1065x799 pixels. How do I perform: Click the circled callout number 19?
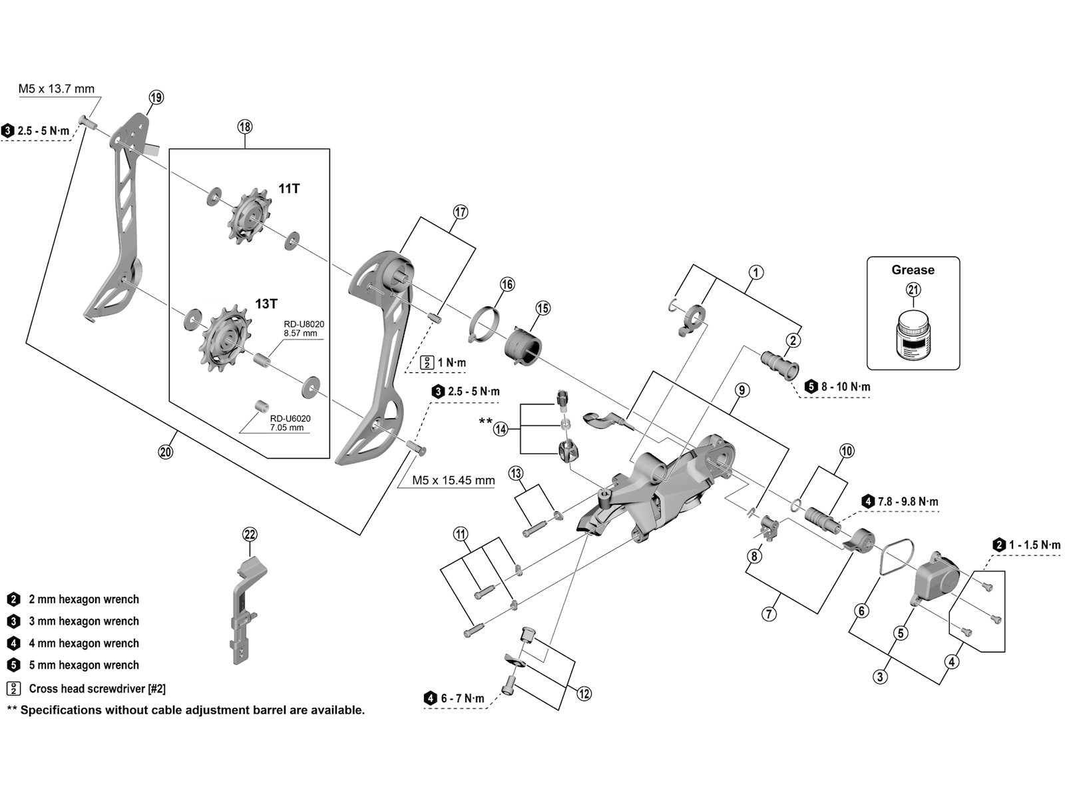155,97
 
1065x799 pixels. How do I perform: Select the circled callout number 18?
244,127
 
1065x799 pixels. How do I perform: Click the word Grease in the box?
913,270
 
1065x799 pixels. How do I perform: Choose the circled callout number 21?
913,289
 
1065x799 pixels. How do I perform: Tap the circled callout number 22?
250,534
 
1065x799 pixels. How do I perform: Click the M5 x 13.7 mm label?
56,89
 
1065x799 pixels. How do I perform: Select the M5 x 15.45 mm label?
453,480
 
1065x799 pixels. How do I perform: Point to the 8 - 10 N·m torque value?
845,387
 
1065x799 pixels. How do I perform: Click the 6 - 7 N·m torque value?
461,698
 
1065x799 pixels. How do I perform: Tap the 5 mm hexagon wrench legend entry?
84,665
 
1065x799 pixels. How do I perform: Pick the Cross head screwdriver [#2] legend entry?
97,689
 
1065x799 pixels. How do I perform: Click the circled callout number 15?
542,308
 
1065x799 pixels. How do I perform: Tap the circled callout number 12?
584,694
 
